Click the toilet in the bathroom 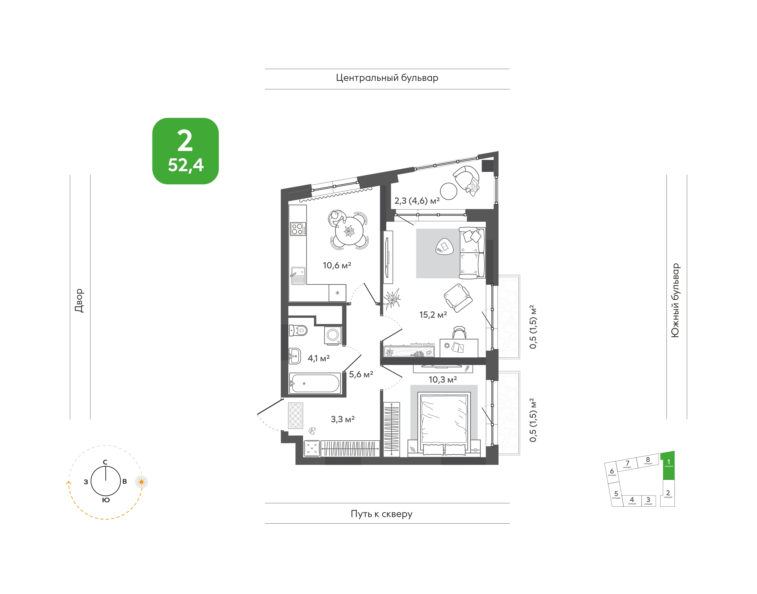pos(298,330)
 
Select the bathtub pos(315,383)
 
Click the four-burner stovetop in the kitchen pos(298,229)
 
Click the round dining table pos(349,230)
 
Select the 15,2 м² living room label pos(433,315)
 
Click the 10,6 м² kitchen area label pos(337,265)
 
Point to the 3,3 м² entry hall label pos(343,419)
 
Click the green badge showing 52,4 pos(185,151)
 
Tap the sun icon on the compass pos(141,482)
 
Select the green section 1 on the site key pos(668,465)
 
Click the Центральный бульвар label pos(387,78)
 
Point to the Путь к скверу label pos(382,514)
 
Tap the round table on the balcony pos(448,191)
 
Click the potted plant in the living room pos(392,298)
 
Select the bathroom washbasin pos(295,356)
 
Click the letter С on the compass pos(105,462)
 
